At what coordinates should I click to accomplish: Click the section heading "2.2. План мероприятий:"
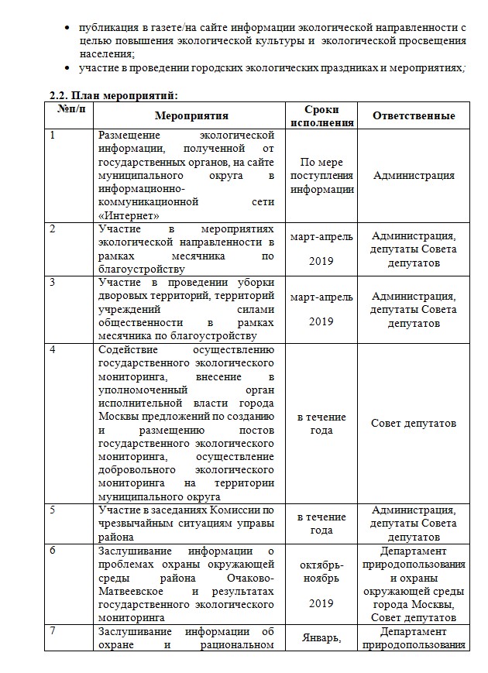[113, 96]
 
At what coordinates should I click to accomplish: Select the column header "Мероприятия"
[191, 116]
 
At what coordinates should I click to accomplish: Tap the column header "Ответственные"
[414, 116]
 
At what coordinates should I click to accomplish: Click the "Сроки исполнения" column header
[321, 116]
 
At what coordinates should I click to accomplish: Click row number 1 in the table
[53, 136]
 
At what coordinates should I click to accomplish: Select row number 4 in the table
[53, 349]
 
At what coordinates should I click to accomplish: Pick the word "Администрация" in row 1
[414, 176]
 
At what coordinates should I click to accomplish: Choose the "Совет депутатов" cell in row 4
[414, 423]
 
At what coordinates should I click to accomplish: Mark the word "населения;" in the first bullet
[107, 53]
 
